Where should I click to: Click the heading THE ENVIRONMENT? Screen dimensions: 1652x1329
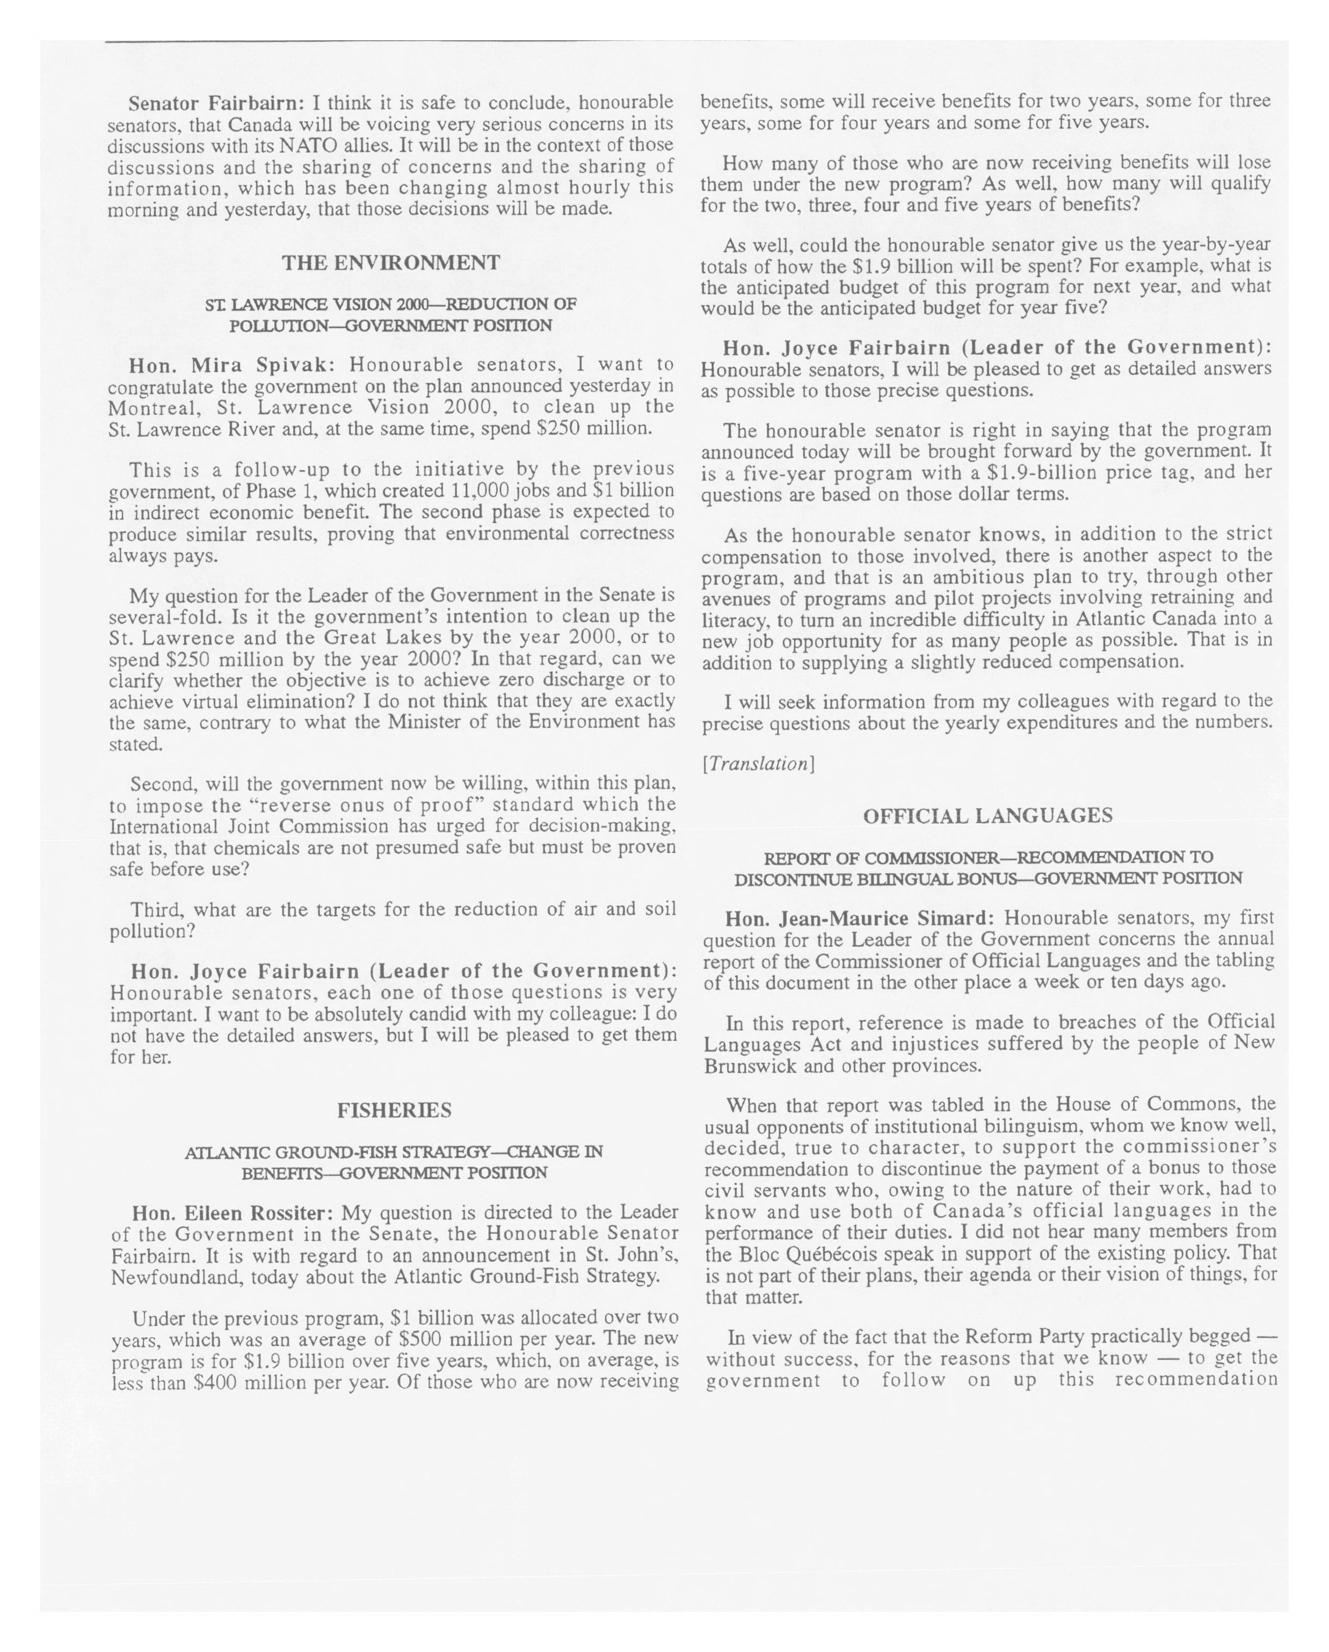click(x=391, y=263)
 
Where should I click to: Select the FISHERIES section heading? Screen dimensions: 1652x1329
click(x=394, y=1110)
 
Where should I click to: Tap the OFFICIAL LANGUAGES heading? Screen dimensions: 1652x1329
click(x=987, y=816)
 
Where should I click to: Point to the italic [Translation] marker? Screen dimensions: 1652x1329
click(x=758, y=764)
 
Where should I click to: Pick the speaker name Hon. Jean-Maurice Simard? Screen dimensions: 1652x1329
click(x=860, y=918)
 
